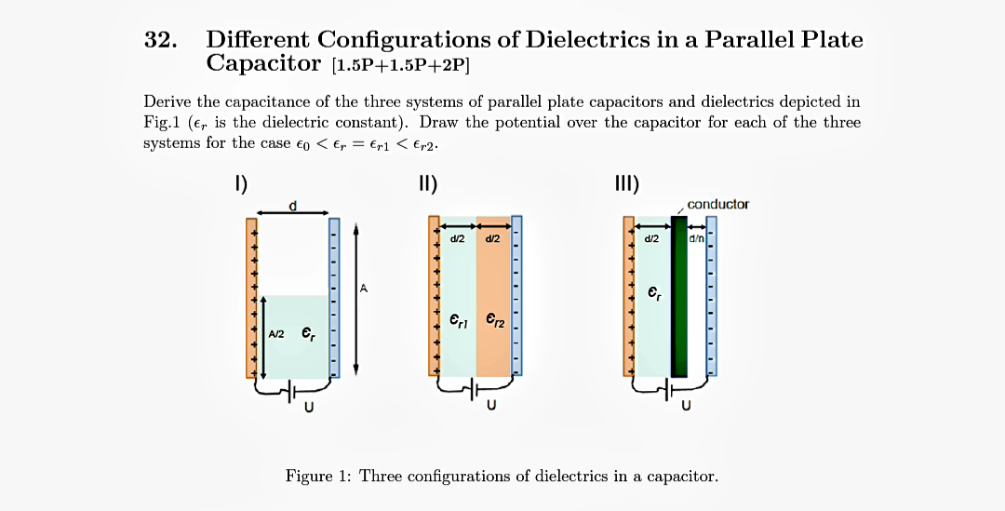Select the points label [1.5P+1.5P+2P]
tap(401, 65)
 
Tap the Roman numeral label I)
tap(239, 183)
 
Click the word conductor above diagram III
tap(717, 204)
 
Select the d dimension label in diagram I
tap(293, 206)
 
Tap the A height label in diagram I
tap(364, 289)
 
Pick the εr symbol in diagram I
tap(308, 332)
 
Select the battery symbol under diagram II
tap(475, 386)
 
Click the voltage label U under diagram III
tap(686, 405)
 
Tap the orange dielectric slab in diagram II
tap(493, 279)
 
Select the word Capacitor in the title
tap(263, 63)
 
